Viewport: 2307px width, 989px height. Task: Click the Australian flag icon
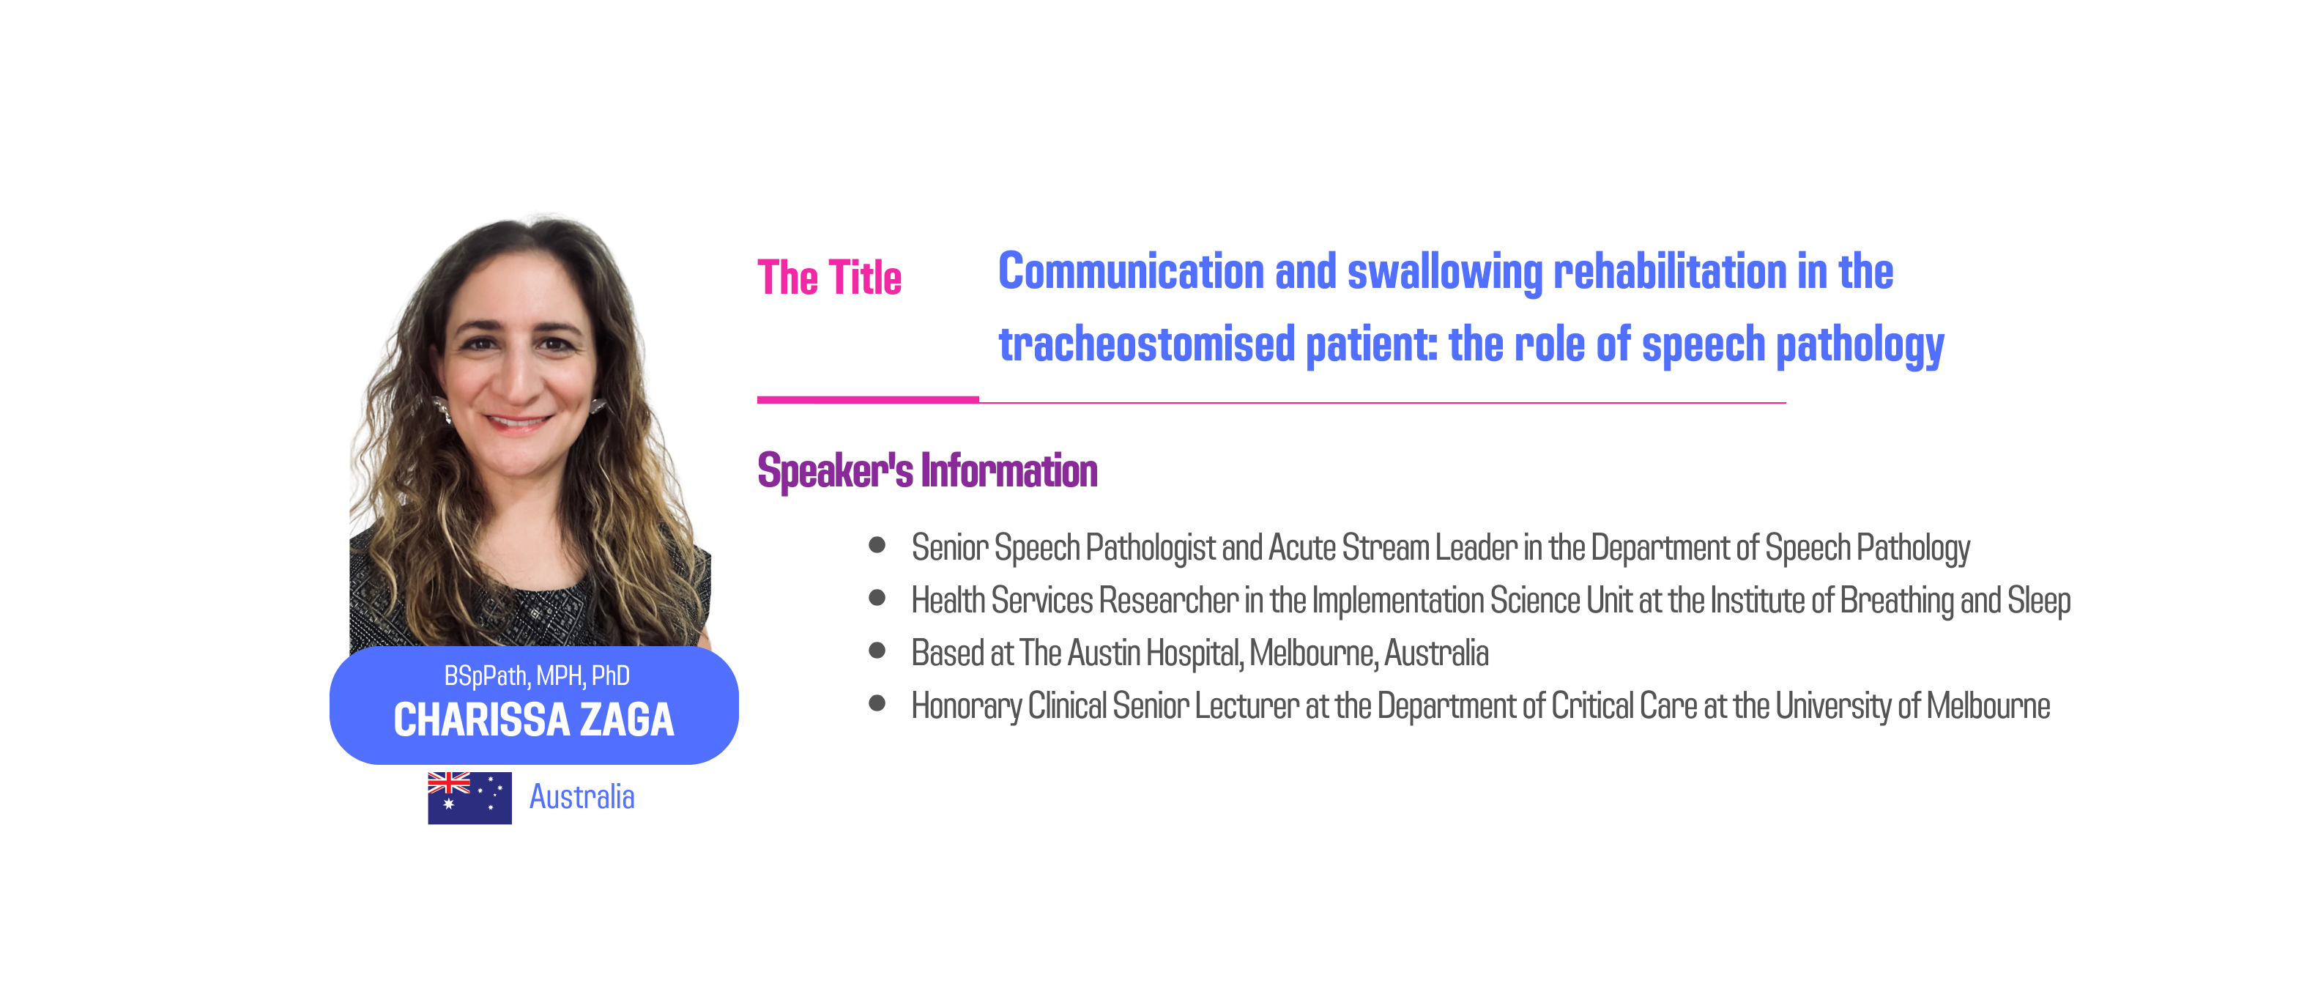click(469, 797)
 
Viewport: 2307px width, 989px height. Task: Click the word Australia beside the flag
click(582, 796)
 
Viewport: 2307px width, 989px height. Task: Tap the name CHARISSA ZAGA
click(534, 719)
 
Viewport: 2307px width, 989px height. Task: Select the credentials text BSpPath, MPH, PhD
click(536, 675)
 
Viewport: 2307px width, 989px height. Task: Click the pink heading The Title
click(829, 277)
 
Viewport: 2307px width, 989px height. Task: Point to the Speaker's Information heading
click(928, 470)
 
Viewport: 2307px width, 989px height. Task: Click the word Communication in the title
click(1131, 272)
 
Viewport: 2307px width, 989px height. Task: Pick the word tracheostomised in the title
click(1147, 344)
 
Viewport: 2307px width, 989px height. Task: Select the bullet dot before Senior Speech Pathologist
click(877, 544)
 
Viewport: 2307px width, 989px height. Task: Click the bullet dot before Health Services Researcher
click(877, 598)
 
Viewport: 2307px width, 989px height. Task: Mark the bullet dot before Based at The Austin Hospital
click(877, 651)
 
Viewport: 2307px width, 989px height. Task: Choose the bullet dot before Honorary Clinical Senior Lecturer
click(877, 703)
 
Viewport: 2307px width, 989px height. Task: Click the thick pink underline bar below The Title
click(868, 399)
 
